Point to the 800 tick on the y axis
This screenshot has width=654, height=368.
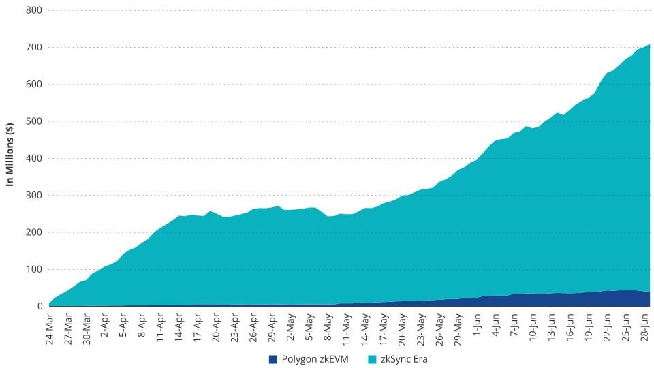tap(34, 10)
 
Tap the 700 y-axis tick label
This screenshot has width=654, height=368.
tap(34, 47)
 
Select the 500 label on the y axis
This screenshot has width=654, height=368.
tap(34, 121)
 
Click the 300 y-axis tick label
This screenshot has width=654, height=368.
tap(34, 195)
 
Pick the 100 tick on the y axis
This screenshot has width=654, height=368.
tap(34, 269)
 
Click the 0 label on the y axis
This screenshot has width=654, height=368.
tap(39, 306)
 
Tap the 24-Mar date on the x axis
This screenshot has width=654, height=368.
tap(50, 328)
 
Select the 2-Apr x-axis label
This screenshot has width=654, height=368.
tap(106, 327)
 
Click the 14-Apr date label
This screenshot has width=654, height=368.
tap(180, 328)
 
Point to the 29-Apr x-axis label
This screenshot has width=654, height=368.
tap(272, 328)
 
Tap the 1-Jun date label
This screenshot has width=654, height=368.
tap(477, 327)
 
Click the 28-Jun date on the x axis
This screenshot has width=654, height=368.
tap(644, 328)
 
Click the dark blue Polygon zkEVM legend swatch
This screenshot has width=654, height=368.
tap(273, 359)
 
